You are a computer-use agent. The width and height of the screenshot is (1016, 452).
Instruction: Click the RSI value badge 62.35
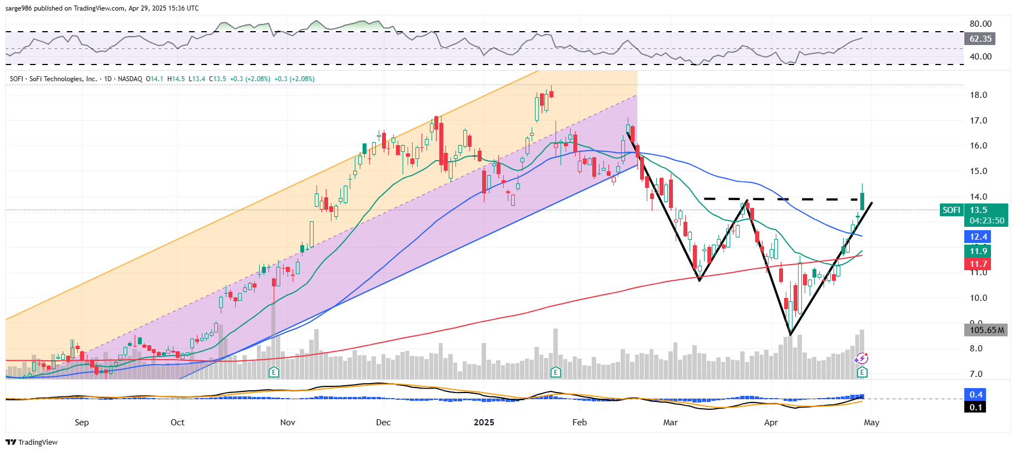pyautogui.click(x=980, y=39)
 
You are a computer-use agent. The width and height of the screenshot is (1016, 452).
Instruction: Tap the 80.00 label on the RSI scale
pyautogui.click(x=980, y=24)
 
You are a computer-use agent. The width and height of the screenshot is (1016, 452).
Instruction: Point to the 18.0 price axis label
pyautogui.click(x=978, y=95)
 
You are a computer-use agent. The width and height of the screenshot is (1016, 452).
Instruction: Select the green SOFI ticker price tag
pyautogui.click(x=951, y=210)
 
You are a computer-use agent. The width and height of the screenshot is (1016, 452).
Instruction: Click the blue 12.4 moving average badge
pyautogui.click(x=978, y=237)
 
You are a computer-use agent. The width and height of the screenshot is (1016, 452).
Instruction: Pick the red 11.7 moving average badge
pyautogui.click(x=978, y=264)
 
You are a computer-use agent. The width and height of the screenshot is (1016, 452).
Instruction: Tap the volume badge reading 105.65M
pyautogui.click(x=987, y=330)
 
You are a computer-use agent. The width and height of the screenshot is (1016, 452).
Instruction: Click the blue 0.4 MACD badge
pyautogui.click(x=976, y=395)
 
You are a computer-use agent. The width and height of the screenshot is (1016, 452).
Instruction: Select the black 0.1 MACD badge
pyautogui.click(x=976, y=408)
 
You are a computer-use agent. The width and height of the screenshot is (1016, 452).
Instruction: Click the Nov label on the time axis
pyautogui.click(x=288, y=423)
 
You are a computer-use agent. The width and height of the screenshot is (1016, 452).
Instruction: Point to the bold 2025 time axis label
pyautogui.click(x=484, y=423)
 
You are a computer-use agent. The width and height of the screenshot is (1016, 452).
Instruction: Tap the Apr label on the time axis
pyautogui.click(x=771, y=423)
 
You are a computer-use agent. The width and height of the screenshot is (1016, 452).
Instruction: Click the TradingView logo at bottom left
pyautogui.click(x=32, y=443)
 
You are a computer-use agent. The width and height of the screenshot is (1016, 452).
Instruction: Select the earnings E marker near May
pyautogui.click(x=862, y=372)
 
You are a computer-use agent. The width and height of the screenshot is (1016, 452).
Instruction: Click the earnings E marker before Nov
pyautogui.click(x=274, y=372)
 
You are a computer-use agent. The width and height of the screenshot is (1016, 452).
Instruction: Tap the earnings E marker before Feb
pyautogui.click(x=556, y=372)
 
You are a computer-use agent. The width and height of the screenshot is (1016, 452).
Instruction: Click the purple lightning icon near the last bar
pyautogui.click(x=861, y=359)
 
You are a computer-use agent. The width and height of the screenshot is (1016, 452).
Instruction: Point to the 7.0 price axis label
pyautogui.click(x=976, y=374)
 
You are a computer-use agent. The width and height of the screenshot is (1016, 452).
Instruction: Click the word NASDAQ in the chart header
pyautogui.click(x=130, y=79)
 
